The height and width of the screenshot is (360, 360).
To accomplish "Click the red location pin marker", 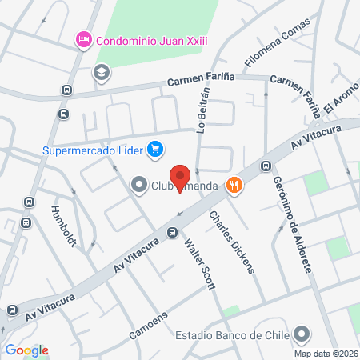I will tap(180, 177).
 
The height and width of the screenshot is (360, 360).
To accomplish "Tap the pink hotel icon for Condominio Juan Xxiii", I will tap(82, 38).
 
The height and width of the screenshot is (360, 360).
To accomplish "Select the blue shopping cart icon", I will tap(155, 149).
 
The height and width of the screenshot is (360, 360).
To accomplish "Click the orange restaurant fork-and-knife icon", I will tap(234, 186).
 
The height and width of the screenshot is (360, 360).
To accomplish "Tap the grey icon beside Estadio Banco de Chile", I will tap(302, 334).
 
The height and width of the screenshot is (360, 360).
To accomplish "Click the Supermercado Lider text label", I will tap(93, 150).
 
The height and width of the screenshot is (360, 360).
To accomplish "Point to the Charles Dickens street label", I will tap(232, 242).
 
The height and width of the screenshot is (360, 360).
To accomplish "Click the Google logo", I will tap(26, 350).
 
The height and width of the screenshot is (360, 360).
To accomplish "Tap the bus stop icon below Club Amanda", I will tap(172, 233).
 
